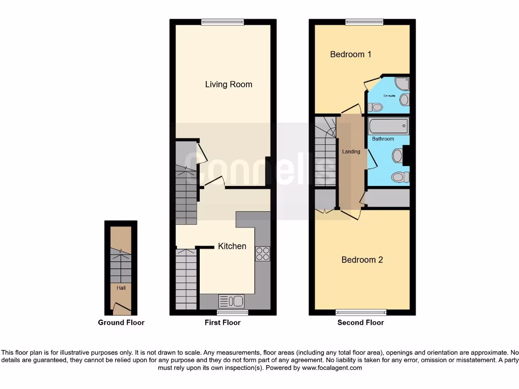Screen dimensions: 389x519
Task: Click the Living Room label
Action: pos(229,84)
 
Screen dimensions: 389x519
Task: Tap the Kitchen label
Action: pos(232,246)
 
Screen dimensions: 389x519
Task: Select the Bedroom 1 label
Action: pos(351,54)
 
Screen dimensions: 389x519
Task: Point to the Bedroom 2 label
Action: pos(362,260)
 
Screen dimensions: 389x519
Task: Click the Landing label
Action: pos(351,151)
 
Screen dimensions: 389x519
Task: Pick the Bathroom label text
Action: pos(383,139)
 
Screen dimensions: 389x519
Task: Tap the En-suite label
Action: pos(389,96)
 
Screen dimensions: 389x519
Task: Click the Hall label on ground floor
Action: pos(121,288)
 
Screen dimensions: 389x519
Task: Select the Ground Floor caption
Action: pos(121,323)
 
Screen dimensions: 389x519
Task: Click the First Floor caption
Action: pos(223,323)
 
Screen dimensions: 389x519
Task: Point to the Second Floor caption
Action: pos(361,323)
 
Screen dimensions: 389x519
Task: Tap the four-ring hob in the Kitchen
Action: pos(263,253)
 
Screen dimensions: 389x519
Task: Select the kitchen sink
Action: pos(232,301)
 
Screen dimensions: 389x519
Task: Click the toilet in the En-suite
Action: pos(376,107)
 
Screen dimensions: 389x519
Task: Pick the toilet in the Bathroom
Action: pos(400,177)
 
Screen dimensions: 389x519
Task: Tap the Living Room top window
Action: pos(223,22)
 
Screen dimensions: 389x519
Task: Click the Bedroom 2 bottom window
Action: pos(361,313)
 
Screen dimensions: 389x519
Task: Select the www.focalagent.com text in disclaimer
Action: pos(331,368)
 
